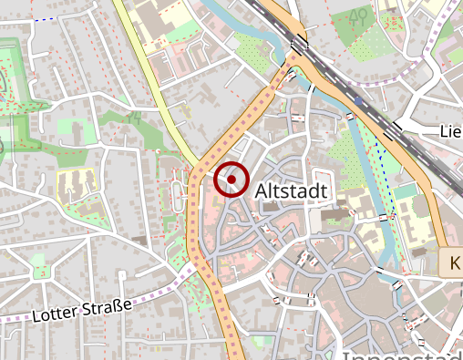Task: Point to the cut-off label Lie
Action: pyautogui.click(x=450, y=132)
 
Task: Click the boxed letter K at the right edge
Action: pyautogui.click(x=452, y=263)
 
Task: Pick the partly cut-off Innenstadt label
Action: pyautogui.click(x=401, y=354)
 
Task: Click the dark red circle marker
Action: pyautogui.click(x=232, y=180)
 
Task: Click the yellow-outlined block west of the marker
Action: pyautogui.click(x=77, y=184)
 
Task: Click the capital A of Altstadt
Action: pyautogui.click(x=262, y=191)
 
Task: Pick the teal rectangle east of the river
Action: pyautogui.click(x=405, y=190)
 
